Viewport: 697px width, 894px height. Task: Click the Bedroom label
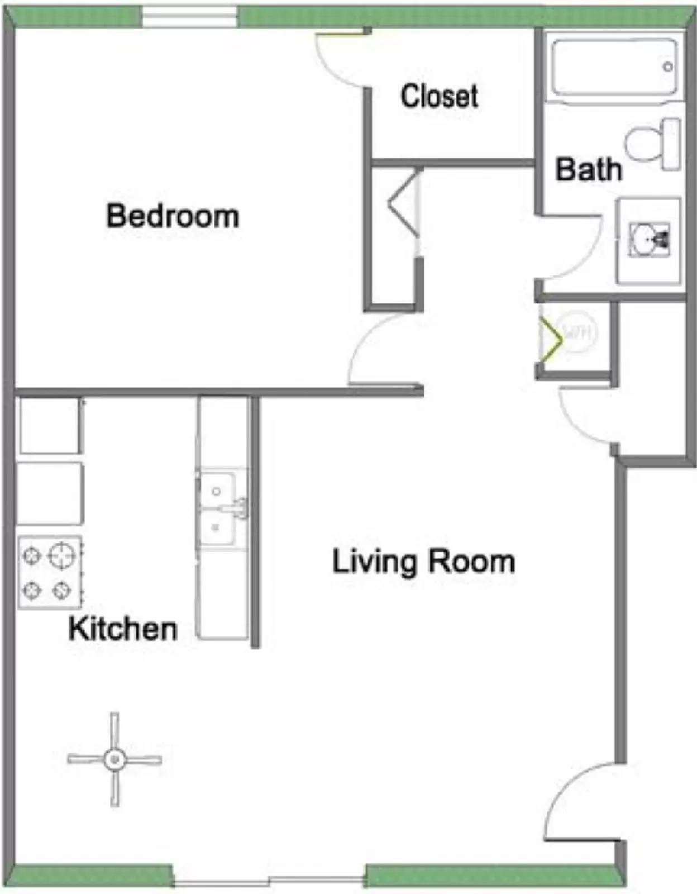tap(173, 216)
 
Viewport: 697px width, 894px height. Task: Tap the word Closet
tap(439, 96)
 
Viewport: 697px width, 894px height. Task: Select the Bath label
tap(588, 169)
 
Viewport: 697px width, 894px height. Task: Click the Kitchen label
tap(123, 629)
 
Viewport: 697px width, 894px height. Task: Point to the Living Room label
tap(423, 562)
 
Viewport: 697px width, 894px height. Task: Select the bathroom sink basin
tap(649, 240)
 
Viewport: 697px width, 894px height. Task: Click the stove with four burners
tap(50, 572)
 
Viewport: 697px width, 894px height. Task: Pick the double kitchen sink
tap(222, 508)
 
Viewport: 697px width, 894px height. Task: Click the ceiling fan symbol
tap(114, 759)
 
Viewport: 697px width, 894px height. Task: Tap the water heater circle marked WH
tap(577, 333)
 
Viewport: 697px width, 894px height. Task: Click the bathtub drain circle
tap(668, 67)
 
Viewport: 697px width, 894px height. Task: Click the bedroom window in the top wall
tap(189, 17)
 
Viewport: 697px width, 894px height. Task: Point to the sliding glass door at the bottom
tap(269, 882)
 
